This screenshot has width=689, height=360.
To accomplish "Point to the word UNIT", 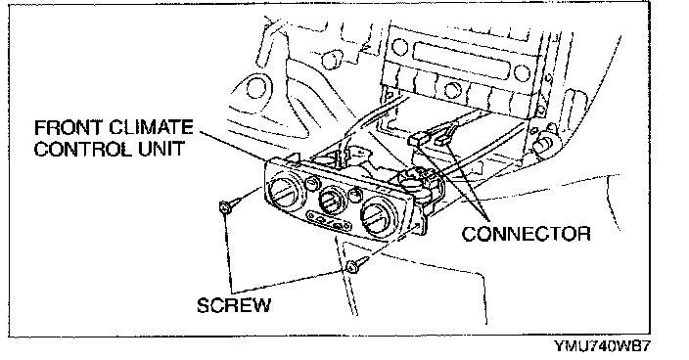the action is pyautogui.click(x=161, y=149).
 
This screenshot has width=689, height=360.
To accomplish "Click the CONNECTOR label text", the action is pyautogui.click(x=526, y=234).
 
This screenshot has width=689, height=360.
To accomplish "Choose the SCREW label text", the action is pyautogui.click(x=233, y=305).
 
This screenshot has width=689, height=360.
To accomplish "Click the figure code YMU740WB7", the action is pyautogui.click(x=602, y=347).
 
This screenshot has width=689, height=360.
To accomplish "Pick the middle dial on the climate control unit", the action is pyautogui.click(x=332, y=202).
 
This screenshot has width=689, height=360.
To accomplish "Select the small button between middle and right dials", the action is pyautogui.click(x=357, y=194).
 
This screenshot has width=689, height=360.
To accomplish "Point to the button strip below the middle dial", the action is pyautogui.click(x=330, y=220).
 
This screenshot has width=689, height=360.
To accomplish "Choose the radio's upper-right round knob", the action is pyautogui.click(x=523, y=72).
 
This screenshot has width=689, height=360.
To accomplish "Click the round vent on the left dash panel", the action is pyautogui.click(x=257, y=87).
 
